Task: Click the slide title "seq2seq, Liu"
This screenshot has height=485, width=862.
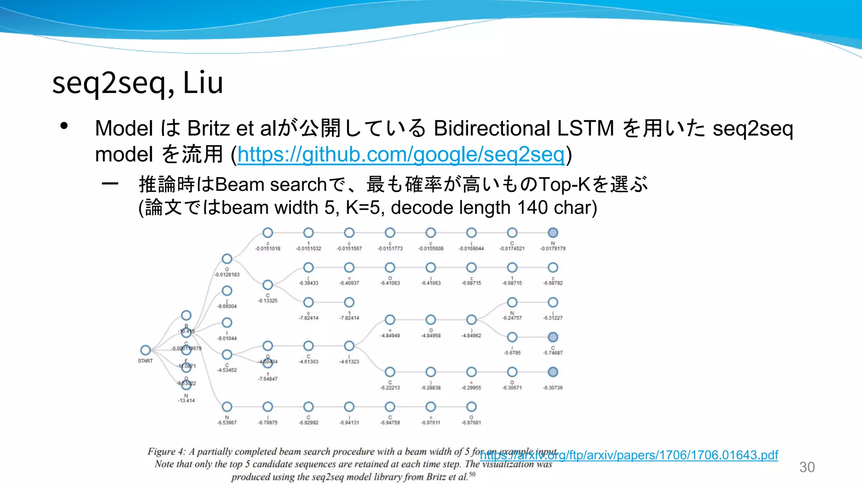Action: pos(137,83)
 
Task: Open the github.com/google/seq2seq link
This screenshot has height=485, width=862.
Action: pos(400,155)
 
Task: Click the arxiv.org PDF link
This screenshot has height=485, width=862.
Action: pos(629,455)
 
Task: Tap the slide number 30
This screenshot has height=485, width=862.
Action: pos(806,467)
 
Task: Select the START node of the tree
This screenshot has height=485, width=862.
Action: pos(146,350)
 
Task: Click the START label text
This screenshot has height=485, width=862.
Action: pos(145,361)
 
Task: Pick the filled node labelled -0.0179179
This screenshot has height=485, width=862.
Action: pos(553,232)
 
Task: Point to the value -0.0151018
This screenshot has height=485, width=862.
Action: pos(268,249)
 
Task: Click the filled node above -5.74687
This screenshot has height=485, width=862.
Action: pos(553,337)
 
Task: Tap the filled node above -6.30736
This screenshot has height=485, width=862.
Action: pos(553,372)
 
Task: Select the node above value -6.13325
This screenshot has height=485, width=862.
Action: pos(268,285)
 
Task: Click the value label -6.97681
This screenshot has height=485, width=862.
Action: pos(471,423)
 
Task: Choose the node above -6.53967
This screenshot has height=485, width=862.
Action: pos(227,407)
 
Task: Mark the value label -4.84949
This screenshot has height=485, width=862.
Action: pos(390,336)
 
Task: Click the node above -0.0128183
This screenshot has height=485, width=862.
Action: pos(227,258)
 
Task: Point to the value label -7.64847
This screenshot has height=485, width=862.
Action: pos(268,379)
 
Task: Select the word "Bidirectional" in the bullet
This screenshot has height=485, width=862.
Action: pos(492,128)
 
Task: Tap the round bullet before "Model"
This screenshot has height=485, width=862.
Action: pos(64,126)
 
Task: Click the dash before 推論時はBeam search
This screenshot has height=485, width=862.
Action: pos(110,184)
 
